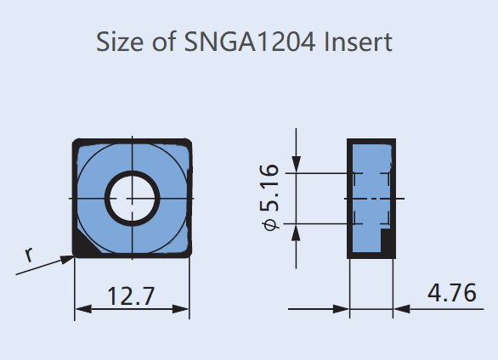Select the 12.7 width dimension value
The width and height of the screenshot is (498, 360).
click(x=132, y=296)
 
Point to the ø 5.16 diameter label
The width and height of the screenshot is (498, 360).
click(x=269, y=197)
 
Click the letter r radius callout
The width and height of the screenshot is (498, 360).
click(x=29, y=252)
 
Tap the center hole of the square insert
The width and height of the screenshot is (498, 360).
click(x=132, y=198)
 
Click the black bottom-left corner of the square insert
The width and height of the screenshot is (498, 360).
click(x=82, y=248)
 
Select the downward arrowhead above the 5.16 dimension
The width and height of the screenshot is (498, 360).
click(x=296, y=165)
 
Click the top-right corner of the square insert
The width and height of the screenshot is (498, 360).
click(x=185, y=143)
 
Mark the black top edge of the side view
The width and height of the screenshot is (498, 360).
click(x=371, y=141)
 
